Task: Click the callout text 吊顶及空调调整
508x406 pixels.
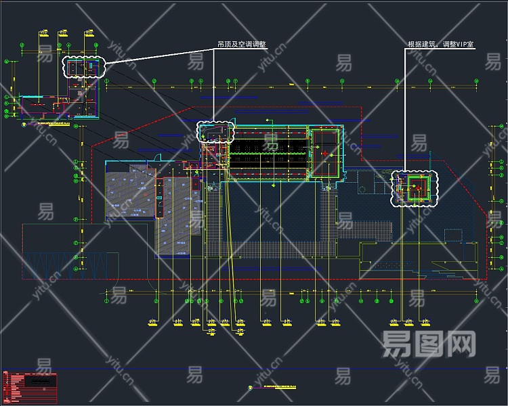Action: (x=241, y=45)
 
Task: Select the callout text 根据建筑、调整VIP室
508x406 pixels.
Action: (x=440, y=45)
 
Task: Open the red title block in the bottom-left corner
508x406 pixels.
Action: (x=30, y=384)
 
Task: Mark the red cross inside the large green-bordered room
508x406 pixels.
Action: (x=326, y=154)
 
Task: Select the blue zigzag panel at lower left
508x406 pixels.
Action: (x=64, y=263)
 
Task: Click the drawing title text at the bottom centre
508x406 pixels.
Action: (x=278, y=388)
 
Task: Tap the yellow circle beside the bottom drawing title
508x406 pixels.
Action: (x=250, y=388)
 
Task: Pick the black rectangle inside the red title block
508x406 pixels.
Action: (x=41, y=381)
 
